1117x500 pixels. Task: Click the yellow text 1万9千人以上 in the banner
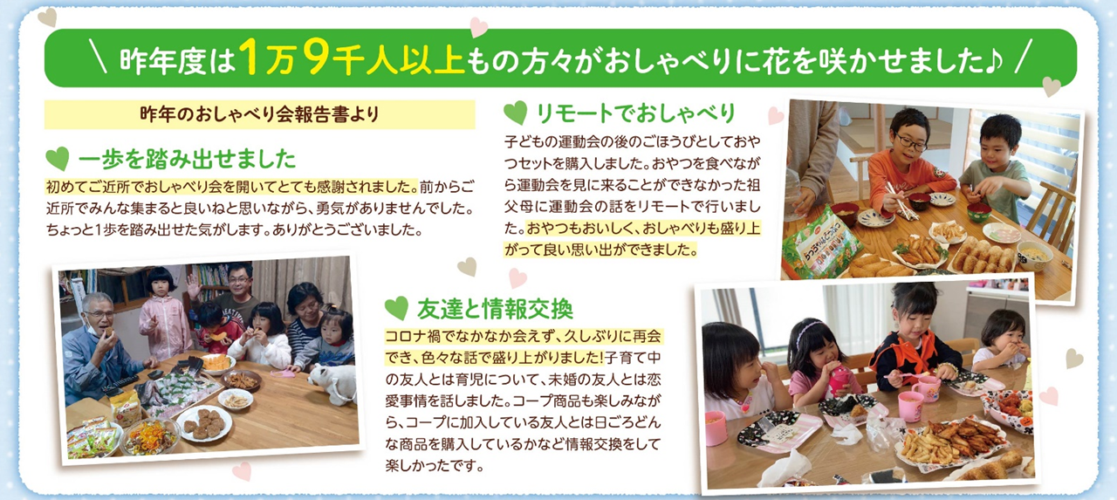[352, 58]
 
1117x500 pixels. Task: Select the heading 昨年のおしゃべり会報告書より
[259, 114]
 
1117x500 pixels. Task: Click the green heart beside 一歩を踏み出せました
[58, 159]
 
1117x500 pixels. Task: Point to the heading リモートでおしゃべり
[635, 113]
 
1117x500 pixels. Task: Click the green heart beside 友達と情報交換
[397, 308]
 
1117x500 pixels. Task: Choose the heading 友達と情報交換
[495, 309]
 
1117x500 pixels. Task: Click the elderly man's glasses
[99, 315]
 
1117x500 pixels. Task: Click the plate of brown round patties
[205, 423]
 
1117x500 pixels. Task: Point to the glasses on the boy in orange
[911, 142]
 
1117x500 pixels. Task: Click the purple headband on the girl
[809, 330]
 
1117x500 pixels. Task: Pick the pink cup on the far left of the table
[716, 428]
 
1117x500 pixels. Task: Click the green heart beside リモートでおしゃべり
[516, 113]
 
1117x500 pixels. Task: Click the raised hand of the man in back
[194, 286]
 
